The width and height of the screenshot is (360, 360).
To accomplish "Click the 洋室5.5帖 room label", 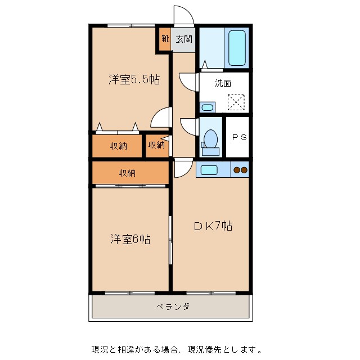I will tap(134, 80).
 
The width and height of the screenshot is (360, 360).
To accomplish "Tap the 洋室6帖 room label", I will tap(129, 239).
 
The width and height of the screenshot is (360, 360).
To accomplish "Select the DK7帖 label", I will tap(213, 226).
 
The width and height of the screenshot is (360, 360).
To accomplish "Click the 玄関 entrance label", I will tap(184, 39).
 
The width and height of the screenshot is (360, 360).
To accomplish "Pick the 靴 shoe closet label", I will tap(165, 39).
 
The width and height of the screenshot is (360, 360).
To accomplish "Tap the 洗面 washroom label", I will tap(223, 83).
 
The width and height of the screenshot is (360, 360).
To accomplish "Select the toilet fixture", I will tap(211, 140).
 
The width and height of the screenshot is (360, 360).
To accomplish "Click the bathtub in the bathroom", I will tap(237, 48).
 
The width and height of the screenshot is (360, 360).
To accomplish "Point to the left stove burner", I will tap(237, 169).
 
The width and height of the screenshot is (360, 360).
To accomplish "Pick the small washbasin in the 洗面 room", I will tap(207, 107).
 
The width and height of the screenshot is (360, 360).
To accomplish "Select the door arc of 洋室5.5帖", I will tap(161, 118).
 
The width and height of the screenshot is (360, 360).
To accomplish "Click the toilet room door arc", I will tap(188, 126).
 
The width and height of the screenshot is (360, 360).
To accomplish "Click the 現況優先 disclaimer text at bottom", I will tap(176, 349).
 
